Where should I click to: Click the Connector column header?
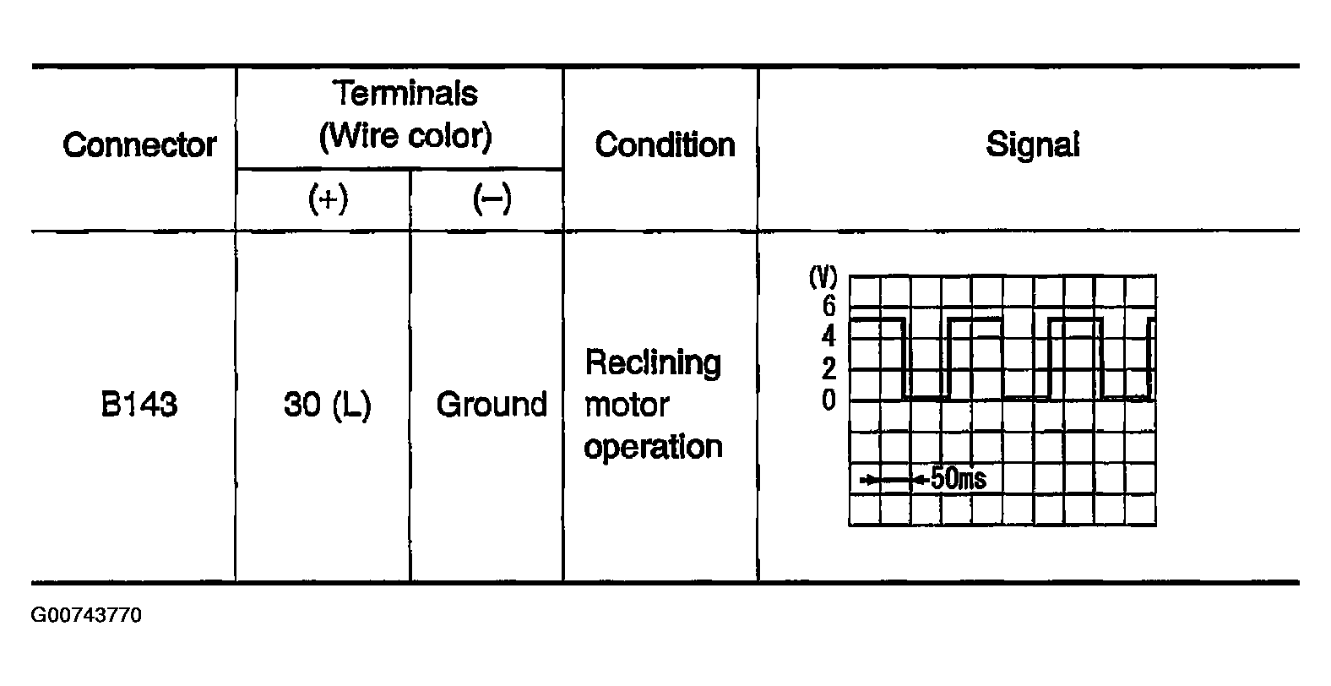pos(139,145)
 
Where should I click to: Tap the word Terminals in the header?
pos(405,93)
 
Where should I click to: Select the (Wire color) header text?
pos(406,137)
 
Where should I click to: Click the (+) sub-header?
pos(328,199)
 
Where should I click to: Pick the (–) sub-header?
pos(492,199)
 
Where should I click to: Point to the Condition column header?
pos(665,145)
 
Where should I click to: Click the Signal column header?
pos(1033,144)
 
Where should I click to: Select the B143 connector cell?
pos(139,404)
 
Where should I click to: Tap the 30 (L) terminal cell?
pos(328,406)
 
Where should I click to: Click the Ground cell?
pos(492,404)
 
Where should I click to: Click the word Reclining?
pos(653,363)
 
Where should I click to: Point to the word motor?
pos(627,406)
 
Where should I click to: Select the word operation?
pos(653,447)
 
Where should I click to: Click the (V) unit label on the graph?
pos(823,277)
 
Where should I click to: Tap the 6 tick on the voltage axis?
pos(828,306)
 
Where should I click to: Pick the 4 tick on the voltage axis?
pos(828,336)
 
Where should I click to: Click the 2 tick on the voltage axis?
pos(828,368)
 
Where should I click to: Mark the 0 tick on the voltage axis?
pos(828,400)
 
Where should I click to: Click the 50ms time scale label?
pos(959,478)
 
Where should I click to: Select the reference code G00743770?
pos(86,615)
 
